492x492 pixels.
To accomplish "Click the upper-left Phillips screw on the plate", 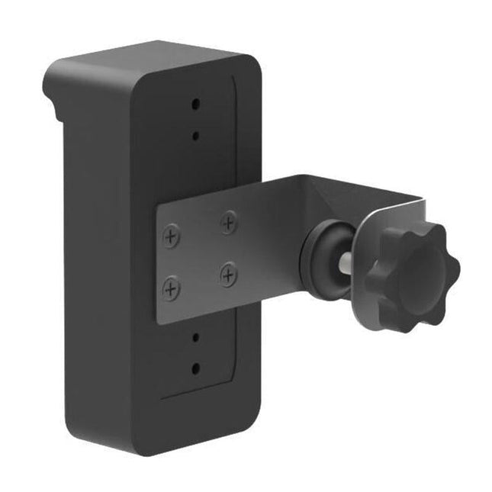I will point(172,236).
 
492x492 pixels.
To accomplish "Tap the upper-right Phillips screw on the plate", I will point(228,222).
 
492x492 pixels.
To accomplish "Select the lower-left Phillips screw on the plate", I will point(172,288).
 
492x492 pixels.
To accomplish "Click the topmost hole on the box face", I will point(195,104).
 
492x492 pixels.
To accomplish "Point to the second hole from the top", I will point(195,136).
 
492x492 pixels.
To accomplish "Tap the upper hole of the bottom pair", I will point(195,336).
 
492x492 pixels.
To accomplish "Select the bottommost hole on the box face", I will point(195,367).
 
